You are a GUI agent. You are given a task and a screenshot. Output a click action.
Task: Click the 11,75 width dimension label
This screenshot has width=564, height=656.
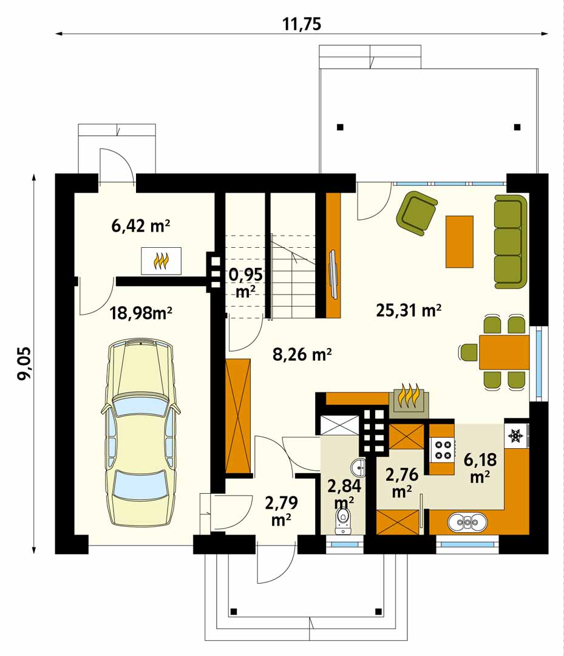(302, 24)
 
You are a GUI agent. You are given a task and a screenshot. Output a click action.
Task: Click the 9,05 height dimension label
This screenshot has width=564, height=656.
(24, 363)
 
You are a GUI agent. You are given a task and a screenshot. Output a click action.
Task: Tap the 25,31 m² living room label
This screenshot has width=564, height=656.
(409, 310)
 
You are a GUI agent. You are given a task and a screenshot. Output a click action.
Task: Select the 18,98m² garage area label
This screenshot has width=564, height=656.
(141, 313)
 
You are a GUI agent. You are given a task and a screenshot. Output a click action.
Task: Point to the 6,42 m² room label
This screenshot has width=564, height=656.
(140, 226)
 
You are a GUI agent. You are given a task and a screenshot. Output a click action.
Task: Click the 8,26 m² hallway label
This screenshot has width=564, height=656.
(302, 354)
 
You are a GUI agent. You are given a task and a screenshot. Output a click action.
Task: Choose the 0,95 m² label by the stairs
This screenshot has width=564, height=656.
(246, 283)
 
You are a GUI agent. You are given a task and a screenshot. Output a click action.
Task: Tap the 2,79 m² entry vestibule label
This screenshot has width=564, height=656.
(281, 511)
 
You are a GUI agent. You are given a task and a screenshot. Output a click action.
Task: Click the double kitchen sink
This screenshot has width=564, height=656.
(467, 522)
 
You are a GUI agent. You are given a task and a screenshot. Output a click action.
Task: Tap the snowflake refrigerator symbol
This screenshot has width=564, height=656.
(516, 436)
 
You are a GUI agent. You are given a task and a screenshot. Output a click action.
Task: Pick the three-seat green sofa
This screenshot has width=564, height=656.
(511, 241)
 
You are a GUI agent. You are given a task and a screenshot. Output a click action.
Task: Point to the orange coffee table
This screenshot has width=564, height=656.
(460, 241)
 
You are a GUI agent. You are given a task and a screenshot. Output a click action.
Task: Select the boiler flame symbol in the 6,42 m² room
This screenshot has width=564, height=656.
(161, 261)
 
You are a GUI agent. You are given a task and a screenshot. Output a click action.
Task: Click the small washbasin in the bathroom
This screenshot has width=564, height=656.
(358, 467)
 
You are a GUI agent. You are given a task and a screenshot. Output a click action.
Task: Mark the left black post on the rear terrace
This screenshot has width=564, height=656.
(341, 127)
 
